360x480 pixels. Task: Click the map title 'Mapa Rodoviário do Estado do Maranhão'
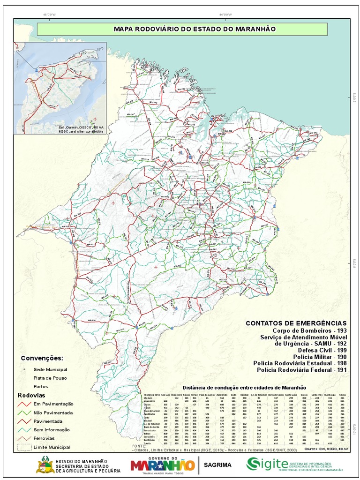pos(195,29)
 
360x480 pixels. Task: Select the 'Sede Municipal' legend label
pos(50,370)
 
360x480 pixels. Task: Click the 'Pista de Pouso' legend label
pos(50,378)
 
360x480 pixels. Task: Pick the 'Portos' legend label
pos(41,387)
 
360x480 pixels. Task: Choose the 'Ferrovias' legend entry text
pos(45,438)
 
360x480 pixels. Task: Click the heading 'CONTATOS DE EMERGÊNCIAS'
pos(296,323)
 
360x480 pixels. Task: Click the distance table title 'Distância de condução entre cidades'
pos(244,388)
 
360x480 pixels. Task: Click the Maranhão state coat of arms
pos(45,465)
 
